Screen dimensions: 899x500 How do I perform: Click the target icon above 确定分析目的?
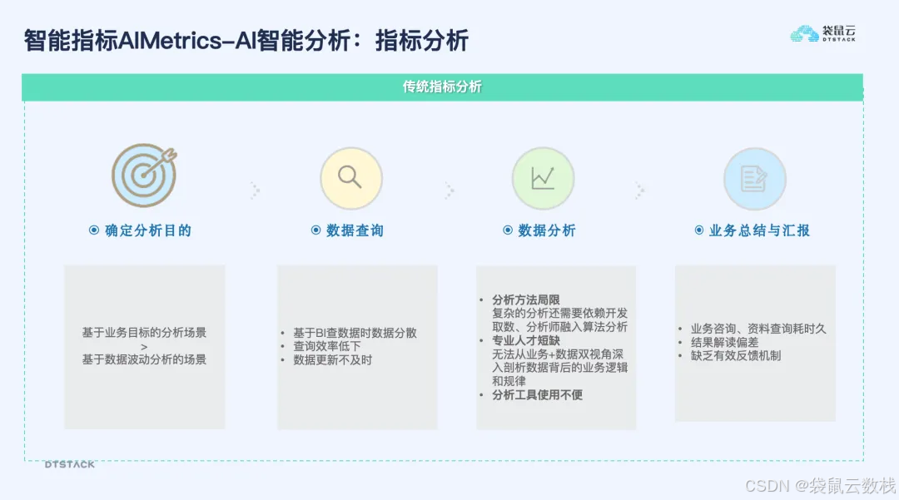point(143,176)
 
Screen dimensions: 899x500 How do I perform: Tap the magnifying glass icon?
point(350,178)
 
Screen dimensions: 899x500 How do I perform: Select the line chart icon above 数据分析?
point(543,178)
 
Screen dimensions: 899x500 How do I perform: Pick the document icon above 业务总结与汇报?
point(754,178)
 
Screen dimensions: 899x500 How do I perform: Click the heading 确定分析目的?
point(147,230)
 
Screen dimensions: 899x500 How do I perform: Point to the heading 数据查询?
point(355,230)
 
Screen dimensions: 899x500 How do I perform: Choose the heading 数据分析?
point(546,230)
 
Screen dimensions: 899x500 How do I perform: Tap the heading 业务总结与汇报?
point(759,230)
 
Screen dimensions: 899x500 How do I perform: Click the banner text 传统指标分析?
point(442,87)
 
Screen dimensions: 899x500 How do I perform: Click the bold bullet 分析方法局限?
point(526,300)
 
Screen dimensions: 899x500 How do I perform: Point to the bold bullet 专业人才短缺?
point(526,341)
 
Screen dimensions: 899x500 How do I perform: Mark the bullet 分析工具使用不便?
point(537,395)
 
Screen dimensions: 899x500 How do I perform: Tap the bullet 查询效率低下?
point(327,346)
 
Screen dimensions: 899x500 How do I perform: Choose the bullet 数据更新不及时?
point(332,360)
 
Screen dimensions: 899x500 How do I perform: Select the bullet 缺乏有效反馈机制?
point(735,356)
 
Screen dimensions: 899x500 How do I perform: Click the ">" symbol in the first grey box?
point(143,346)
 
